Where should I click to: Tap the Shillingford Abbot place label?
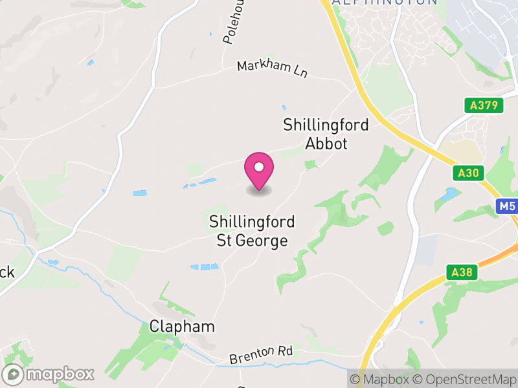click(x=326, y=134)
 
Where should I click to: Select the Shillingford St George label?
click(x=252, y=232)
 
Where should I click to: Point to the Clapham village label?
click(x=182, y=327)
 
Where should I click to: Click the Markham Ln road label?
click(x=272, y=69)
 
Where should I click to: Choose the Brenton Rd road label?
click(x=261, y=354)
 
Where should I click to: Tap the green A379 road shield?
click(x=484, y=105)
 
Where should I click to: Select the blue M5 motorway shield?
click(x=507, y=207)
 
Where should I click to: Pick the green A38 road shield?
click(x=462, y=272)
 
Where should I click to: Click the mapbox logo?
click(x=49, y=374)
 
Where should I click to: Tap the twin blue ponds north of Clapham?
click(x=205, y=266)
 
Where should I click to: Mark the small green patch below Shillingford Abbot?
click(x=311, y=164)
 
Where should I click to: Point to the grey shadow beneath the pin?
click(x=259, y=191)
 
